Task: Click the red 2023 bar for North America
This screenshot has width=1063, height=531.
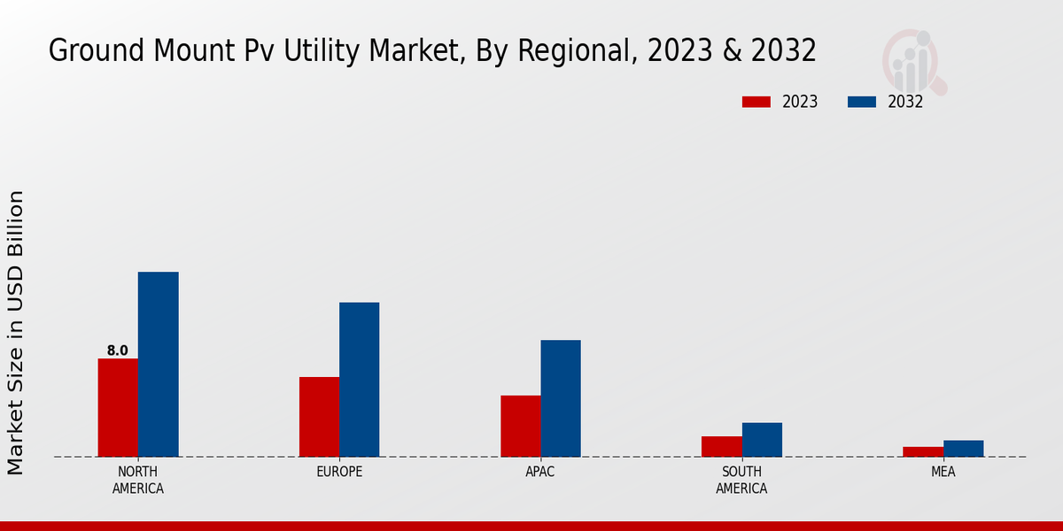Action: [118, 407]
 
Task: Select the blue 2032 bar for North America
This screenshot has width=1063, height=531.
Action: [158, 364]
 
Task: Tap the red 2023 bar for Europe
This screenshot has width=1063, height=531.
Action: [319, 417]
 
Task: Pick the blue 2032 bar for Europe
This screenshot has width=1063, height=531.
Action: [359, 380]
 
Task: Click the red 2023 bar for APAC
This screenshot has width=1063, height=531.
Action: [520, 426]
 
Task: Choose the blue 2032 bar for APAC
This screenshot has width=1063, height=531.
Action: [561, 398]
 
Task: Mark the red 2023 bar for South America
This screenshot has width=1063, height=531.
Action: [721, 446]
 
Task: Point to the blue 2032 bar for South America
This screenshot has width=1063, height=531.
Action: [762, 440]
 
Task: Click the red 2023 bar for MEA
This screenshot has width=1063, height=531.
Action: [923, 451]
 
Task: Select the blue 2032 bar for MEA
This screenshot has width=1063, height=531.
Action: [963, 449]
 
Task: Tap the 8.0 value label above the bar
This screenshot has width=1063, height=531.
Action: [118, 350]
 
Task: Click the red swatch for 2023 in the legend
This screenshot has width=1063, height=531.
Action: [757, 102]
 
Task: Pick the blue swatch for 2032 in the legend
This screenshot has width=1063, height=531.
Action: [861, 102]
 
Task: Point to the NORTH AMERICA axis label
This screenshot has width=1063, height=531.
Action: [138, 480]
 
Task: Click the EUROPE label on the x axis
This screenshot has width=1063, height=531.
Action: [339, 472]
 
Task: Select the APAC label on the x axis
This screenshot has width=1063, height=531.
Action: [540, 472]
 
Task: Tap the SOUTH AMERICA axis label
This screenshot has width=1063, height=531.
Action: [741, 480]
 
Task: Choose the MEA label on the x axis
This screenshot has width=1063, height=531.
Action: [943, 472]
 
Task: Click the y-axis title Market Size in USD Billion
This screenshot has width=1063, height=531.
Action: [16, 332]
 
